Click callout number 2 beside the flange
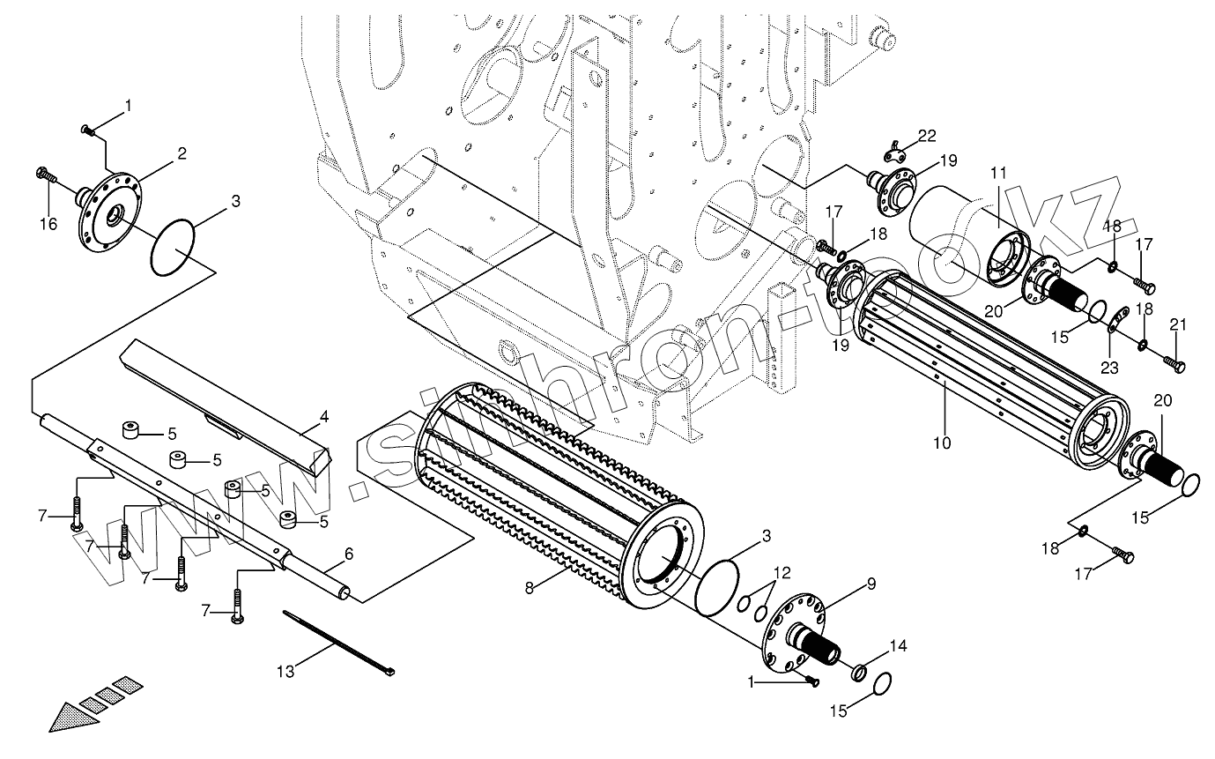(x=182, y=153)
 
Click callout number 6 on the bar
(x=348, y=554)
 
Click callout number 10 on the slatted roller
(x=942, y=443)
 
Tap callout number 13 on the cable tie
(x=285, y=672)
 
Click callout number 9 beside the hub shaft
(x=871, y=583)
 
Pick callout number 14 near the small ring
(x=897, y=645)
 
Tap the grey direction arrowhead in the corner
(x=70, y=716)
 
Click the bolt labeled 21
(x=1174, y=361)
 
